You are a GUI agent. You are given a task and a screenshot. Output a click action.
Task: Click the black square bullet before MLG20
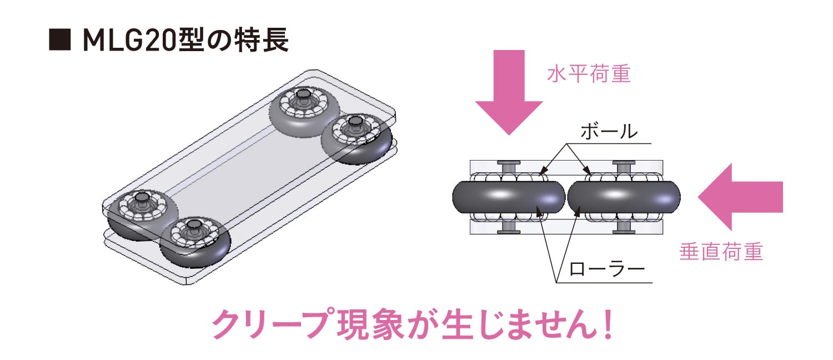(x=59, y=41)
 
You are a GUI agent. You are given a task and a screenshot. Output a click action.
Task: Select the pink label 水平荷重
(x=589, y=74)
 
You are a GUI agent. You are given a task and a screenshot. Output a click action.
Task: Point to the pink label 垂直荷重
(x=721, y=252)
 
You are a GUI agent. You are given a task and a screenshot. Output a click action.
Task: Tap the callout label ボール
(x=608, y=132)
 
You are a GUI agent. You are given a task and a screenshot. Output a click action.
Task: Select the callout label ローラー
(x=607, y=270)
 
